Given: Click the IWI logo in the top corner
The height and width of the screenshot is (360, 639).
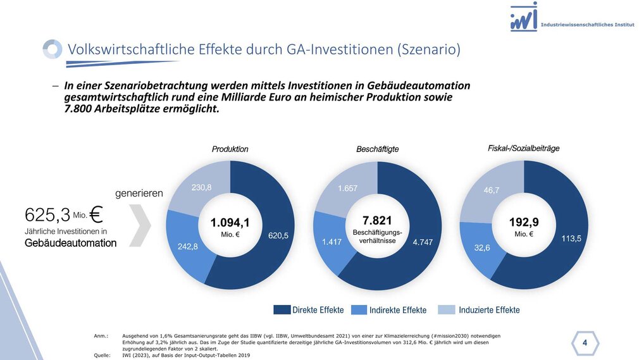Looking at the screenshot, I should (524, 17).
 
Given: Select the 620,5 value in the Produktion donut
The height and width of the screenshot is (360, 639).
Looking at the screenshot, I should (278, 235).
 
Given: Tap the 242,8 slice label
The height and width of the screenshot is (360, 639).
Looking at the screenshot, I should (187, 247).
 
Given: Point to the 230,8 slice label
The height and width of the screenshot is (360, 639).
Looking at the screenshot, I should (201, 187).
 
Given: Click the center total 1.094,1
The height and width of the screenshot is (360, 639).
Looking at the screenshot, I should (230, 222).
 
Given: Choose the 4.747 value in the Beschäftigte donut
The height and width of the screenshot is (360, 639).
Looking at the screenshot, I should (423, 242).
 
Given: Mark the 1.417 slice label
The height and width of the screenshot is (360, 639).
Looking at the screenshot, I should (332, 242).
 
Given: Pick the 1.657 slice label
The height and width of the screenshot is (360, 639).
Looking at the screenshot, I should (347, 189).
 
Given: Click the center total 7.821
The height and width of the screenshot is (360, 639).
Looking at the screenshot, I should (377, 220).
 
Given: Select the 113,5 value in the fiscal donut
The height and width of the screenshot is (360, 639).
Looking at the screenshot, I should (571, 239).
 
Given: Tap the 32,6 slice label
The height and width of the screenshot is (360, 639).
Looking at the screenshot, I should (482, 248).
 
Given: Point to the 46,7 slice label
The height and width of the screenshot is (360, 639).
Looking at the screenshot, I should (492, 190).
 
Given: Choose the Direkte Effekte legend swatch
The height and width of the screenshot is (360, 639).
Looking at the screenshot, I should (282, 309).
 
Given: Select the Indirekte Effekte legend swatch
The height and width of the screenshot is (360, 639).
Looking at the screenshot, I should (359, 309).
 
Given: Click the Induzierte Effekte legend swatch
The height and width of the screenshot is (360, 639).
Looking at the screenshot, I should (446, 309).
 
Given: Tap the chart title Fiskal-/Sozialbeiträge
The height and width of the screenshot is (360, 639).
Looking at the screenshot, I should (523, 148).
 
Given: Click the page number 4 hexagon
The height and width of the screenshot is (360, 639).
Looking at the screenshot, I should (584, 343).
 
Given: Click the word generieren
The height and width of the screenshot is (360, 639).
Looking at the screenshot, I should (139, 192).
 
